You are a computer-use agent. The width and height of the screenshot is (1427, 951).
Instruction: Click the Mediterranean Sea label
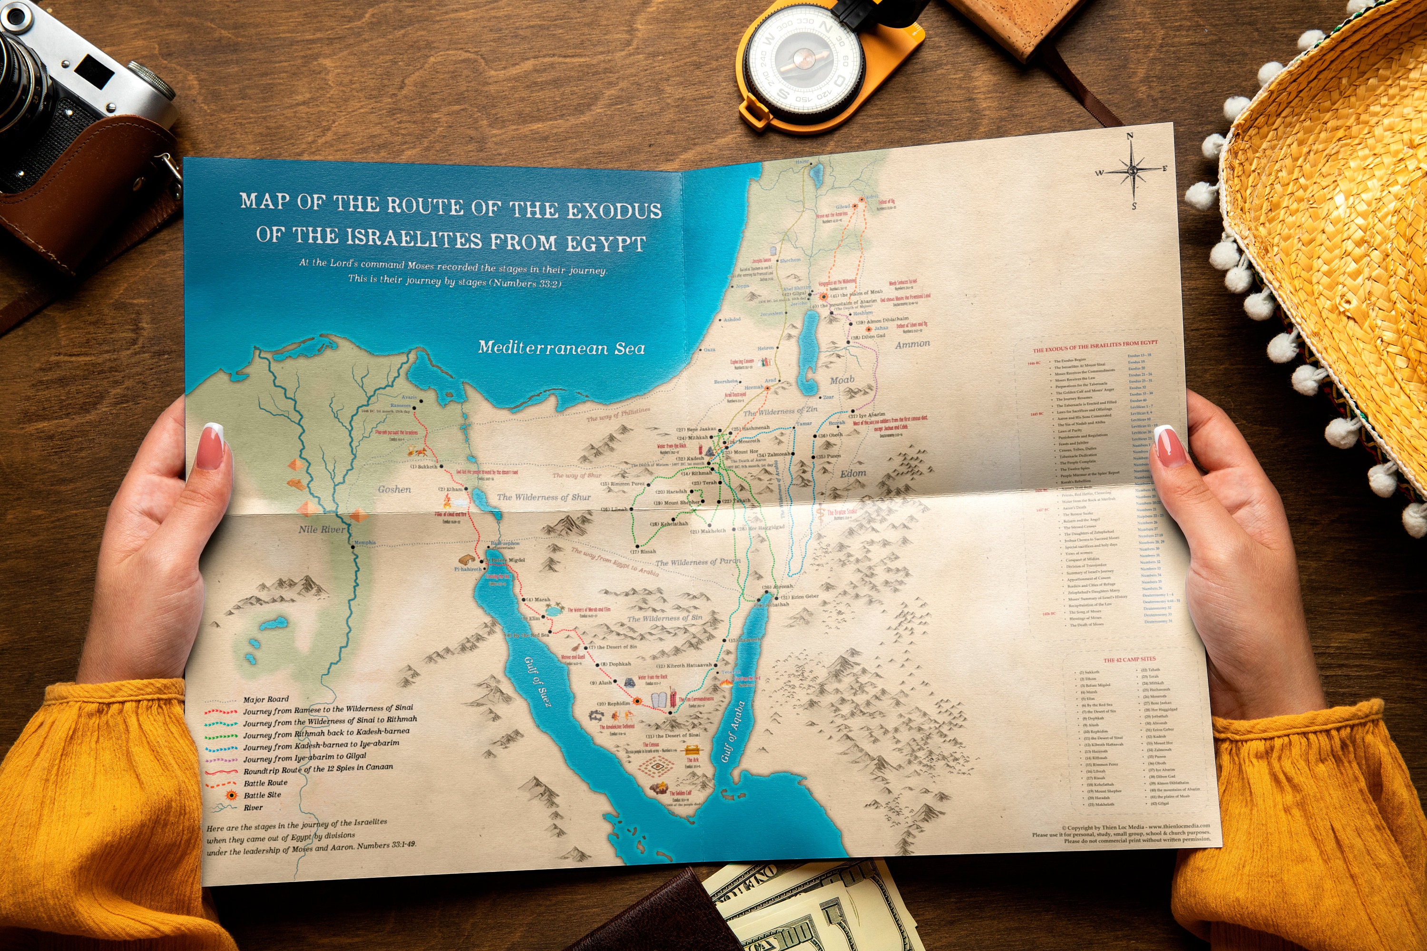pyautogui.click(x=561, y=348)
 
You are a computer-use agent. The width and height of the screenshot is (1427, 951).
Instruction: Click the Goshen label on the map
pyautogui.click(x=394, y=489)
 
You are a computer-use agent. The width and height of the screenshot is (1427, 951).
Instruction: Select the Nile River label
pyautogui.click(x=321, y=530)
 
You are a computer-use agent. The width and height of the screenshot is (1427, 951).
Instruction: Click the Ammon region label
pyautogui.click(x=912, y=344)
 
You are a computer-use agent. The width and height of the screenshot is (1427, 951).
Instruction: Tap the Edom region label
pyautogui.click(x=852, y=473)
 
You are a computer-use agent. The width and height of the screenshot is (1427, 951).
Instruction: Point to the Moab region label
pyautogui.click(x=841, y=380)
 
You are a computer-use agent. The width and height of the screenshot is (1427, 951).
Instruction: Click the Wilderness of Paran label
pyautogui.click(x=697, y=562)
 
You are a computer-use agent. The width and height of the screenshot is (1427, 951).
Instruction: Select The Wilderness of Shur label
pyautogui.click(x=544, y=497)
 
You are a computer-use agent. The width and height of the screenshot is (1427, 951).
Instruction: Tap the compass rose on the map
pyautogui.click(x=1132, y=171)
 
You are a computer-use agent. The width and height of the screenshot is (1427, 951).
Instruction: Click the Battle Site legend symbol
pyautogui.click(x=231, y=795)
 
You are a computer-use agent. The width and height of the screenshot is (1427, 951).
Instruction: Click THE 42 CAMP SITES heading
pyautogui.click(x=1129, y=659)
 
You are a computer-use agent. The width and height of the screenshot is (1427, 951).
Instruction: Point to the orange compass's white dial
pyautogui.click(x=804, y=61)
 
